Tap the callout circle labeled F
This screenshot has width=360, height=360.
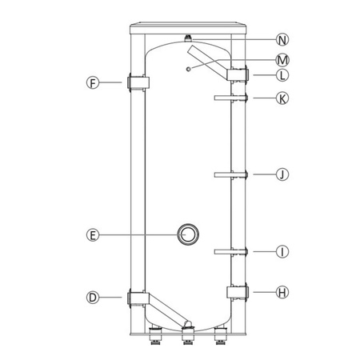[94, 82]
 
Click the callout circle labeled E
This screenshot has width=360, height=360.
[94, 234]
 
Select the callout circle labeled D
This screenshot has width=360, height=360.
[94, 298]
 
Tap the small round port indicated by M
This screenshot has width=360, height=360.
[187, 69]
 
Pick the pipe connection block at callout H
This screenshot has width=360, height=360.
[238, 292]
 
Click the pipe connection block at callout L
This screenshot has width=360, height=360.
[238, 75]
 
